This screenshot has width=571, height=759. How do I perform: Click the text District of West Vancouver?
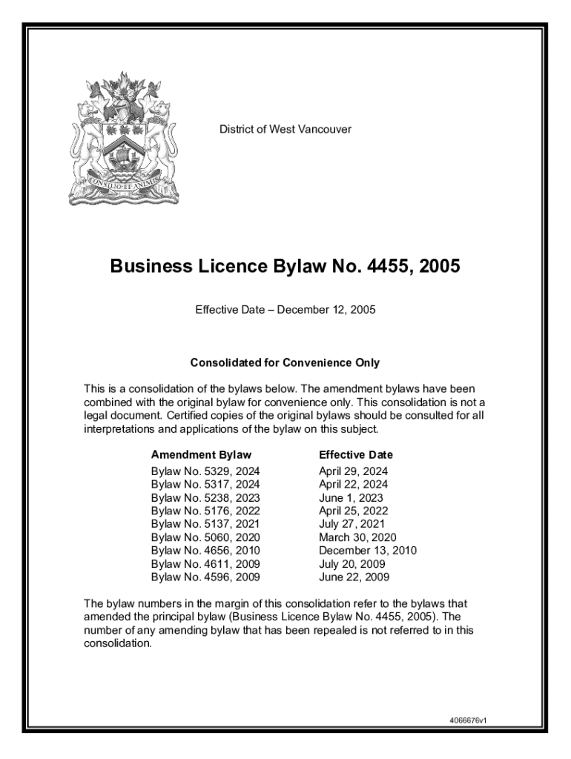point(285,130)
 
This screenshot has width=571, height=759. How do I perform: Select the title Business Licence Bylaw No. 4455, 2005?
point(285,265)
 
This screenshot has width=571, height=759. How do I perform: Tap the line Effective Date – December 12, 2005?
point(285,310)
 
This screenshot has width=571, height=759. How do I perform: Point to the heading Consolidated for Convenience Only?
point(285,363)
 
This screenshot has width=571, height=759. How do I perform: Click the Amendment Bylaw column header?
point(201,455)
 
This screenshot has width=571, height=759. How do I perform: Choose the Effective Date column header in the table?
point(356,455)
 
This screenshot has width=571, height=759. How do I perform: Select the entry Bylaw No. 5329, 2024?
point(205,471)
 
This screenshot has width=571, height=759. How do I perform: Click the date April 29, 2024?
point(354,471)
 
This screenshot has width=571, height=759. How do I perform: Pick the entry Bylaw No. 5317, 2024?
point(205,485)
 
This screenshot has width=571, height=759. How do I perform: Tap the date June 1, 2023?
point(351,498)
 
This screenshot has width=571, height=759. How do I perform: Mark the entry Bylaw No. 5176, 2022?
point(205,511)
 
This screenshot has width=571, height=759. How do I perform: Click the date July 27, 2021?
point(351,524)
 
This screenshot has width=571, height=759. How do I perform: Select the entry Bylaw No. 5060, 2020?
point(205,537)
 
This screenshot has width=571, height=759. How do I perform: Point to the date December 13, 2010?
point(368,551)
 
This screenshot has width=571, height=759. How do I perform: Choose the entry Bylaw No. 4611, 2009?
point(205,564)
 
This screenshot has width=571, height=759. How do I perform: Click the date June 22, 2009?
point(354,577)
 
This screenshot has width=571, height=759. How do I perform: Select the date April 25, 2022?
point(354,511)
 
